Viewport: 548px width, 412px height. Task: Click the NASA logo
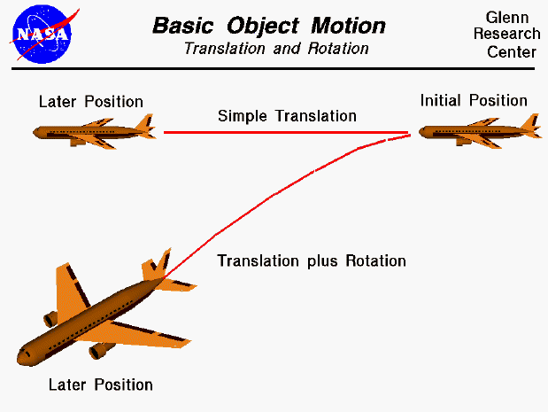tap(41, 32)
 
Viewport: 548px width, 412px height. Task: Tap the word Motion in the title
tap(341, 25)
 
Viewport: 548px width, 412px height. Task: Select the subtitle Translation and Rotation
tap(276, 49)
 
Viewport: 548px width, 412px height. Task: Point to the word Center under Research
tap(512, 51)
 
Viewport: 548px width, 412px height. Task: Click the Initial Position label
tap(474, 100)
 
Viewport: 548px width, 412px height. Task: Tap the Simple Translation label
tap(287, 116)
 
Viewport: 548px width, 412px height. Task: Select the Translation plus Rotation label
tap(312, 260)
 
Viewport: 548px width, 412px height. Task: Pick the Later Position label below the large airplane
tap(101, 385)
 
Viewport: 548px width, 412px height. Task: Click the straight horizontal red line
tap(283, 133)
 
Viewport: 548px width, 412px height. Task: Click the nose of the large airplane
tap(23, 357)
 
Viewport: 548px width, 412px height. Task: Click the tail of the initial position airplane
tap(529, 126)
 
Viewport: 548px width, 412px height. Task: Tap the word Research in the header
tap(512, 35)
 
